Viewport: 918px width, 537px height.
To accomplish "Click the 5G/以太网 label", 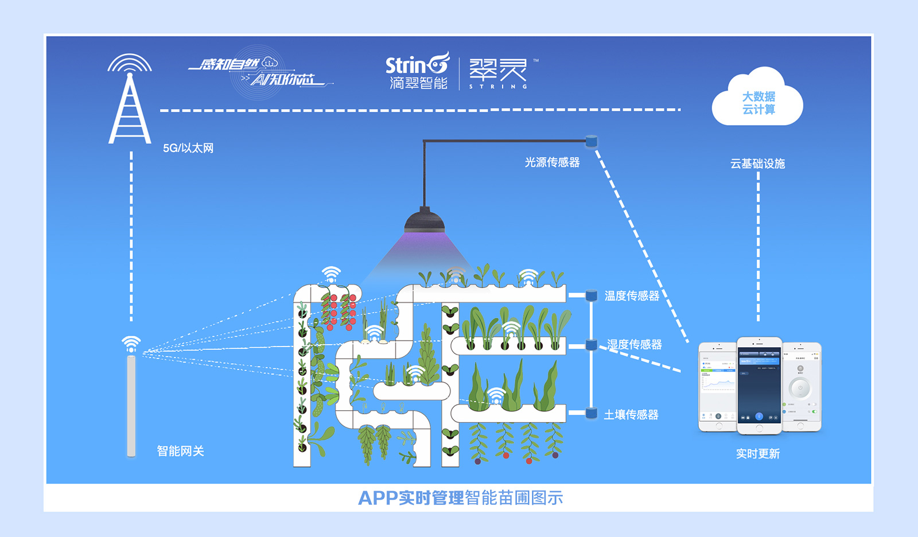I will coord(188,148).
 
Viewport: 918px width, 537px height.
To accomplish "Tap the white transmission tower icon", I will coord(130,103).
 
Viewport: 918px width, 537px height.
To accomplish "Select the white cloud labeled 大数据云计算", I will coord(757,100).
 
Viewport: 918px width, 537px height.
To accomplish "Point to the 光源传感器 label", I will coord(552,162).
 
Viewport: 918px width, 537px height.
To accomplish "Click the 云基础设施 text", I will coord(757,164).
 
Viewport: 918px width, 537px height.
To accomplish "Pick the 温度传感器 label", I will coord(632,295).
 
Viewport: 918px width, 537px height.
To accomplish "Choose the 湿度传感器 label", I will coord(634,344).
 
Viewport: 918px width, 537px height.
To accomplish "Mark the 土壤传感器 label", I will coord(631,414).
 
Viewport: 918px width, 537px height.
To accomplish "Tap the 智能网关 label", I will coord(180,451).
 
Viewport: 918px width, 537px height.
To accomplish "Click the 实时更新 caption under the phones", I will coord(758,454).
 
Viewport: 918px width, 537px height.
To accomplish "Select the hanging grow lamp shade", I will coord(425,221).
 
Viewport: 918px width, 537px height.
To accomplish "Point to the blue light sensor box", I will coord(592,141).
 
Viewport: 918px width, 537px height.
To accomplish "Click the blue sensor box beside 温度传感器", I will coord(591,295).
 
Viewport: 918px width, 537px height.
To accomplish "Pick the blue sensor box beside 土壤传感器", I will coord(591,413).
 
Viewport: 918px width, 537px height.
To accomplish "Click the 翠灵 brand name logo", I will coord(498,71).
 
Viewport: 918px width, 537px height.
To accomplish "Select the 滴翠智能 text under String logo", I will coord(418,83).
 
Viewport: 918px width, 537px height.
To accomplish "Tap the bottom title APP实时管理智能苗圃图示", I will coord(460,497).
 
